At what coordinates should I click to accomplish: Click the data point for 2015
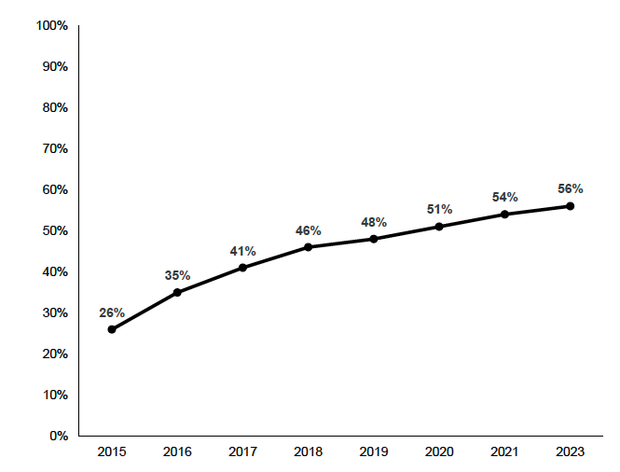pyautogui.click(x=112, y=329)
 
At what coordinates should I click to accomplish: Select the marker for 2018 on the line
pyautogui.click(x=308, y=247)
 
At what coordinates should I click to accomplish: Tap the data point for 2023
pyautogui.click(x=570, y=206)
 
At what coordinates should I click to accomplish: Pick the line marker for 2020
pyautogui.click(x=439, y=227)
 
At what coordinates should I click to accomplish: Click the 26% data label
pyautogui.click(x=112, y=312)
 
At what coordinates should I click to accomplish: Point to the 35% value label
pyautogui.click(x=177, y=275)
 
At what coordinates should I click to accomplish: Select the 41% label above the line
pyautogui.click(x=242, y=251)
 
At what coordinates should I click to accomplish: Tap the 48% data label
pyautogui.click(x=374, y=222)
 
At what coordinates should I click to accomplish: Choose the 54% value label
pyautogui.click(x=504, y=197)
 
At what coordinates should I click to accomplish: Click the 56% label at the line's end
pyautogui.click(x=570, y=188)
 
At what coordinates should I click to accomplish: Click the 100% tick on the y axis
pyautogui.click(x=51, y=26)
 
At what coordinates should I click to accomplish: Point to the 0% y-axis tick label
pyautogui.click(x=58, y=436)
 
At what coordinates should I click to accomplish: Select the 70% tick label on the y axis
pyautogui.click(x=54, y=149)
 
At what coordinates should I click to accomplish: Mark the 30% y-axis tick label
pyautogui.click(x=54, y=312)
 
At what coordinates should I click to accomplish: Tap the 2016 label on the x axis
pyautogui.click(x=177, y=452)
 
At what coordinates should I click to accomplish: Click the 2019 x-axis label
pyautogui.click(x=374, y=452)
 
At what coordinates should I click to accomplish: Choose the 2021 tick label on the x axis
pyautogui.click(x=504, y=452)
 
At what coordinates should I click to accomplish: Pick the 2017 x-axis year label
pyautogui.click(x=242, y=452)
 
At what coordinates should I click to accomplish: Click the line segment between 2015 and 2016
pyautogui.click(x=145, y=311)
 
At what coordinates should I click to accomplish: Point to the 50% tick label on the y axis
pyautogui.click(x=54, y=230)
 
